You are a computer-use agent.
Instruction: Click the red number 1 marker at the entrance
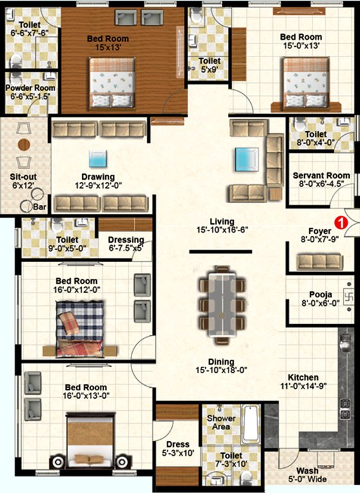[x=341, y=223]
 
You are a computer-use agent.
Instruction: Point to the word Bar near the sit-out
[x=40, y=208]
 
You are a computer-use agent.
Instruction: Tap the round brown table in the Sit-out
[x=24, y=144]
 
